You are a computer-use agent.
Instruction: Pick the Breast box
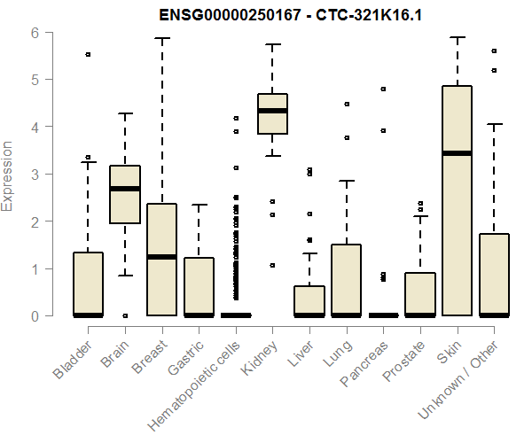pos(161,260)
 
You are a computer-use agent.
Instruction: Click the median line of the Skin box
pos(458,153)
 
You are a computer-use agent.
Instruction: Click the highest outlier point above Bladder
pos(88,55)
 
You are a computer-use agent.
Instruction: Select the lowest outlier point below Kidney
pos(272,265)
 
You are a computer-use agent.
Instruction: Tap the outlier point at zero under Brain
pos(124,315)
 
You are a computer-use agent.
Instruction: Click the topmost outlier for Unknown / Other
pos(494,51)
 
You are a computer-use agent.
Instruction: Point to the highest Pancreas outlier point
pos(383,89)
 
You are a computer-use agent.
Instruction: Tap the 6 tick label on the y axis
pos(36,33)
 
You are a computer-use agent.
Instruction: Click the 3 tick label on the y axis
pos(36,175)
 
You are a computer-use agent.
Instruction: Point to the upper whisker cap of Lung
pos(346,181)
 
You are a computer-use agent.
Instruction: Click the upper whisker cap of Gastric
pos(199,205)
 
